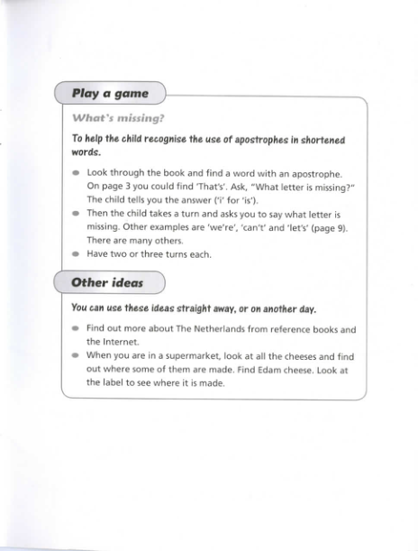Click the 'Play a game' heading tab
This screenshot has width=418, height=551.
110,93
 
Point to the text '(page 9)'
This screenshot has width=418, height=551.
328,227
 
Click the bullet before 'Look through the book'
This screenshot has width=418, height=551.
76,171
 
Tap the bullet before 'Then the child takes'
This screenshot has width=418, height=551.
76,214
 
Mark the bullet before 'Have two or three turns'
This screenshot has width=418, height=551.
76,254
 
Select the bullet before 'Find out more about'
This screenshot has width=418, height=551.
76,328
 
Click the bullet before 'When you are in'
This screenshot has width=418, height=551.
76,355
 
